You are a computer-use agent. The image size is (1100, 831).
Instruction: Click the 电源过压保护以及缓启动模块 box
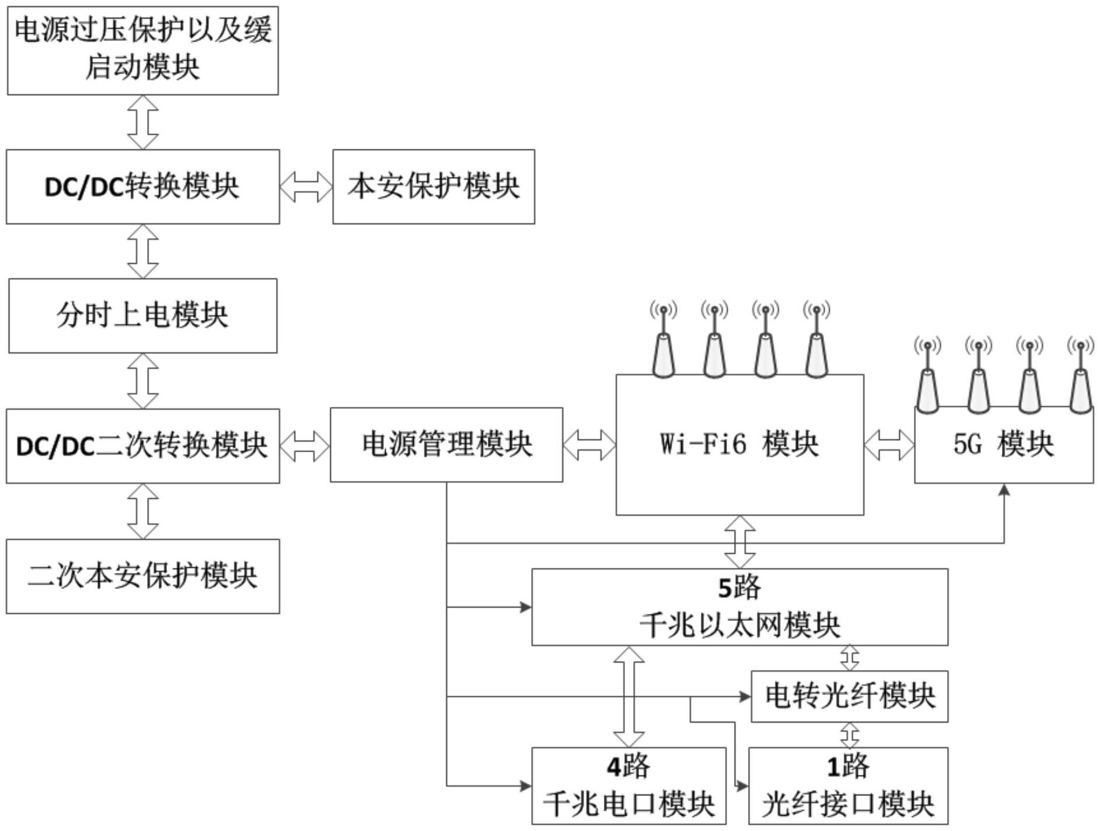tap(142, 50)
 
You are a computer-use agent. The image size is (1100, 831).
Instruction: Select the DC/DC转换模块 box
tap(142, 187)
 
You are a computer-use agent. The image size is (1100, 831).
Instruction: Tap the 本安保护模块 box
tap(434, 187)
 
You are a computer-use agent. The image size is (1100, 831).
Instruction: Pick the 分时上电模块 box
tap(142, 316)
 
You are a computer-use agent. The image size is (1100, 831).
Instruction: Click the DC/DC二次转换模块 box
tap(142, 446)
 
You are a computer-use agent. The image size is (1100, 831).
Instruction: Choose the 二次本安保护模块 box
tap(142, 576)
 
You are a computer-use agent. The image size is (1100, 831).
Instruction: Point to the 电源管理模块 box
tap(446, 445)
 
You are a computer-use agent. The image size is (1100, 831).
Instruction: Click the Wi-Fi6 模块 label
tap(739, 444)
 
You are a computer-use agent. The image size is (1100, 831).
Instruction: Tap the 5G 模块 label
tap(1004, 445)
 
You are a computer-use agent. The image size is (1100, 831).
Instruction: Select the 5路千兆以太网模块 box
tap(739, 607)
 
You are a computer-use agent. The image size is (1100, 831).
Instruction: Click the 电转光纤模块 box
tap(849, 696)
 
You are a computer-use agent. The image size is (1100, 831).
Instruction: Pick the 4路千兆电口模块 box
tap(628, 785)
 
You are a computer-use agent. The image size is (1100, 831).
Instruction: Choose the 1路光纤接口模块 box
tap(848, 785)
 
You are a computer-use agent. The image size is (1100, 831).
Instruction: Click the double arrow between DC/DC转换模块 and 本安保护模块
tap(306, 187)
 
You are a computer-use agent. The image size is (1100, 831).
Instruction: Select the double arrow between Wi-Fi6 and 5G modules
tap(889, 445)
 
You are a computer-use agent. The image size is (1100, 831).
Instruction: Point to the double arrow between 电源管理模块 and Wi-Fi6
tap(589, 445)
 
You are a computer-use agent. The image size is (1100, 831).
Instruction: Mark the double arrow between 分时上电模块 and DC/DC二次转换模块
tap(143, 380)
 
